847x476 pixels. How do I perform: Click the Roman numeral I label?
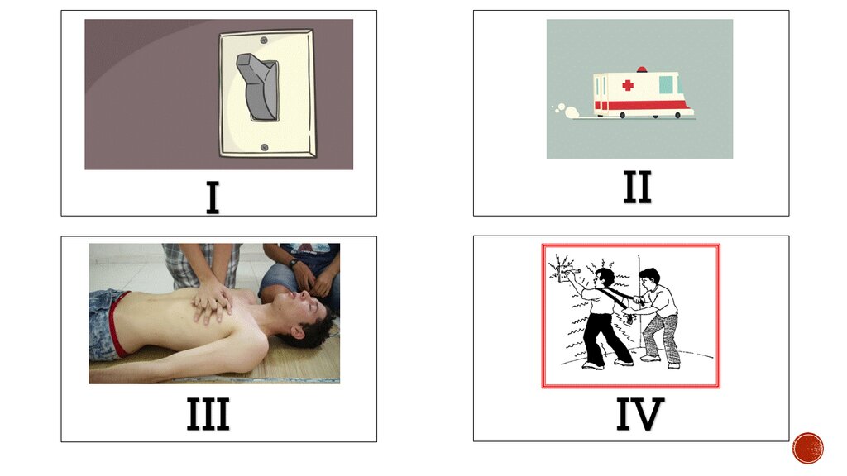(213, 198)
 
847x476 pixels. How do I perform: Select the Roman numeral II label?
(638, 187)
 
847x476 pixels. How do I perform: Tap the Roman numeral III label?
(208, 414)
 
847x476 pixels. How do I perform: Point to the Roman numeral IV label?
(640, 414)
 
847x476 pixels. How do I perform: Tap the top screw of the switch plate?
(264, 40)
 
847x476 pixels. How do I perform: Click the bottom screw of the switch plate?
(264, 147)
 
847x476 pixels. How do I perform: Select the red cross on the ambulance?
(628, 85)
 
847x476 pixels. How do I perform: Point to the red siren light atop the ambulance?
(642, 69)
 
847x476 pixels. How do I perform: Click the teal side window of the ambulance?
(666, 85)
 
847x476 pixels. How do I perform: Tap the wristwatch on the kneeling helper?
(294, 264)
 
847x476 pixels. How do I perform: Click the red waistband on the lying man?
(121, 325)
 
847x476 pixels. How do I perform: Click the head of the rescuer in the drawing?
(650, 278)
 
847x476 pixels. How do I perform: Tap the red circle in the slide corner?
(808, 448)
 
